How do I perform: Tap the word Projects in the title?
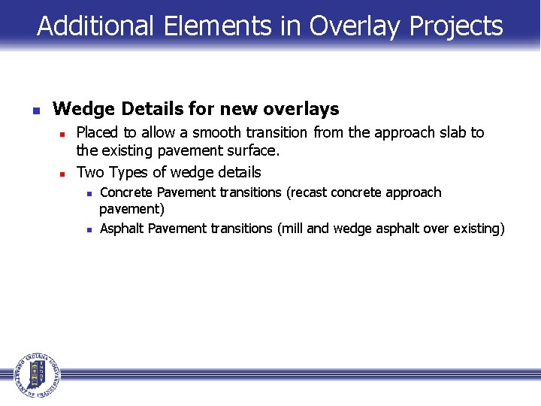(x=456, y=26)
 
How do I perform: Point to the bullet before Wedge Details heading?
(x=35, y=111)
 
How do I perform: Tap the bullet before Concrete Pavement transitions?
(x=89, y=194)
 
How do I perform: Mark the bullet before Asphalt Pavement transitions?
(x=89, y=229)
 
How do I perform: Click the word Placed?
(x=98, y=132)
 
